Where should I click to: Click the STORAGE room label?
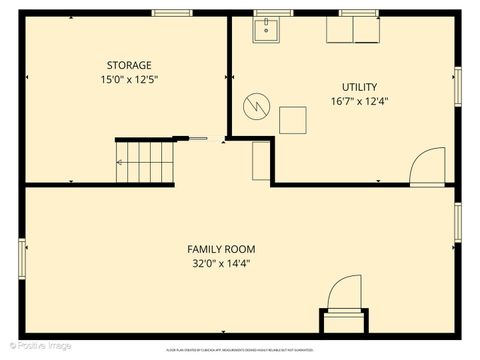point(130,65)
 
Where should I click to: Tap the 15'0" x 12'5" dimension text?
point(130,79)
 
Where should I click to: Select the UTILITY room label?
point(360,87)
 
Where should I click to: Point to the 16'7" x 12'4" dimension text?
point(360,101)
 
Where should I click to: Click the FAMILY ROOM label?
point(221,249)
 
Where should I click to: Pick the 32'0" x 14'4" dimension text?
point(221,264)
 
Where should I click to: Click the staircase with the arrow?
point(145,162)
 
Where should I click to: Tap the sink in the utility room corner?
point(266,31)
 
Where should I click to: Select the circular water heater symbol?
point(257,105)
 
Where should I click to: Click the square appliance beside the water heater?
point(294,120)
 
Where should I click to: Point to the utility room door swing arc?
point(427,165)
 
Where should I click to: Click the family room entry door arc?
point(342,295)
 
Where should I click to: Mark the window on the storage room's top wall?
point(172,12)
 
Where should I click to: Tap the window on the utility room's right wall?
point(458,85)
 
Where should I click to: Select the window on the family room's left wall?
point(20,258)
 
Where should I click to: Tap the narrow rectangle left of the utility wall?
point(261,160)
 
